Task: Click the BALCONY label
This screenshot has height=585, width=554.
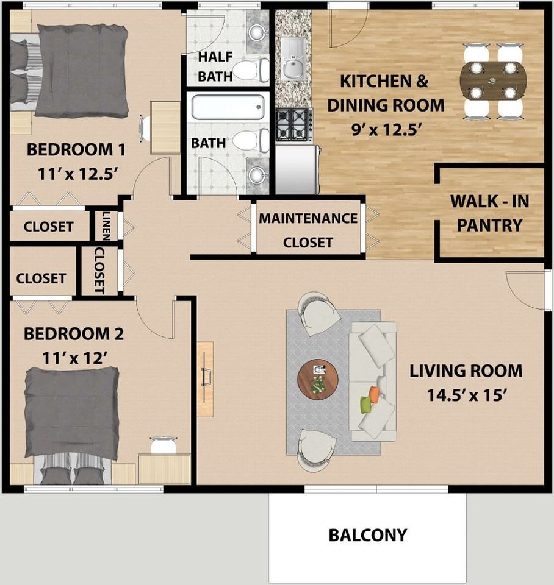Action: (367, 535)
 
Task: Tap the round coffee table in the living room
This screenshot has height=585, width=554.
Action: (318, 380)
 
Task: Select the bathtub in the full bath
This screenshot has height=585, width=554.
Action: (228, 107)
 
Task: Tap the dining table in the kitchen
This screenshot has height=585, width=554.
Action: (493, 81)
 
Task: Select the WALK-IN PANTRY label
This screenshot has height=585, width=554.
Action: (490, 213)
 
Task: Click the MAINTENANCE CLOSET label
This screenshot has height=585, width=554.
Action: (308, 230)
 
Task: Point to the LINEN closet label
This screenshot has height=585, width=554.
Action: (106, 225)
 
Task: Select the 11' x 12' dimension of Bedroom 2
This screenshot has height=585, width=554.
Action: (75, 358)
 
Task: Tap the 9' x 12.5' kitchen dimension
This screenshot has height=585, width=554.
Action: (387, 129)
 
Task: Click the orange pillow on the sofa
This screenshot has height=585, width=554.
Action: (374, 395)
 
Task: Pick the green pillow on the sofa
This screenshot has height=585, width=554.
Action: (365, 405)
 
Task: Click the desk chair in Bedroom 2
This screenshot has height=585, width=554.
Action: (164, 445)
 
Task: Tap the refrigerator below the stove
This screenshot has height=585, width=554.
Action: (298, 170)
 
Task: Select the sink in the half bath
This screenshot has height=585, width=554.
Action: (257, 32)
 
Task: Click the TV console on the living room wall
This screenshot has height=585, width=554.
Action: (206, 379)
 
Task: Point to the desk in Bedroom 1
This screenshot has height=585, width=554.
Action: (165, 127)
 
